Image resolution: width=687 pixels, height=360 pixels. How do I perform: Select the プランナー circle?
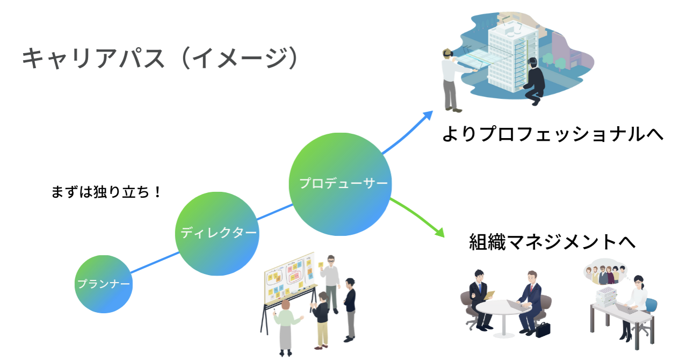103,284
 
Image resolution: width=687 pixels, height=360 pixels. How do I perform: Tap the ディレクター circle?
218,233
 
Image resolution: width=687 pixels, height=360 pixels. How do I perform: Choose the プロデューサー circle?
341,184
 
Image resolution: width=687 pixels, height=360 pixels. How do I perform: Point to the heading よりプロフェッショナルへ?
553,133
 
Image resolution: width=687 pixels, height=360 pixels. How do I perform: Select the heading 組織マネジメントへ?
552,241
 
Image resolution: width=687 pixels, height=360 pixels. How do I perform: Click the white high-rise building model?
510,54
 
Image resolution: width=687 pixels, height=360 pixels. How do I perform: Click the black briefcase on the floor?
544,329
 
